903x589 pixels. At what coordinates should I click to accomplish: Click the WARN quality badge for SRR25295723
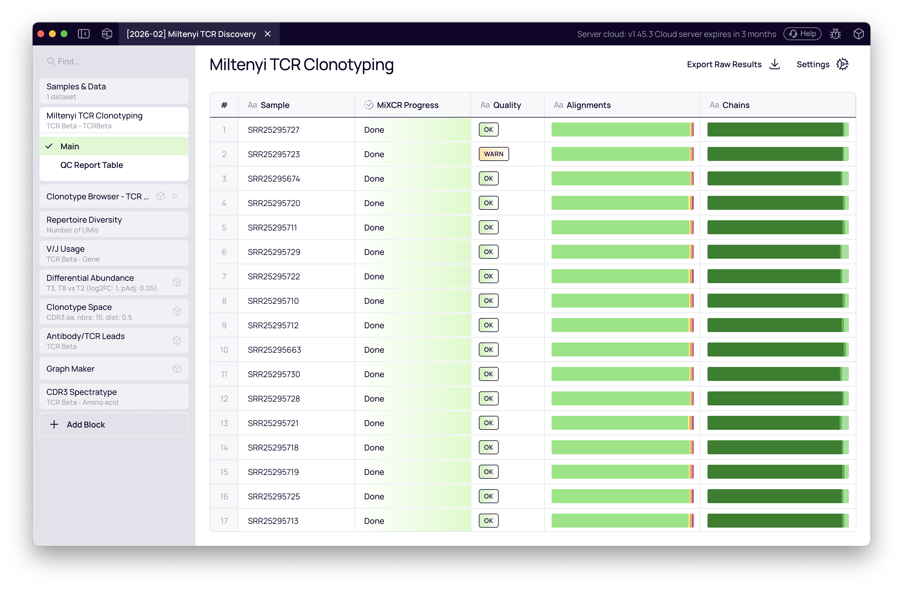point(493,154)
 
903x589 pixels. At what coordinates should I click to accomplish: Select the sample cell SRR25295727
point(273,130)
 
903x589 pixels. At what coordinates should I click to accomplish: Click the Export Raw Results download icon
point(774,64)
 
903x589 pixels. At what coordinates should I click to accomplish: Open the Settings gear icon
point(842,64)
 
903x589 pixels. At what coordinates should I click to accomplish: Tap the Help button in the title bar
point(802,34)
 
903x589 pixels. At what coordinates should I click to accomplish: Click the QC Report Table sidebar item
point(91,165)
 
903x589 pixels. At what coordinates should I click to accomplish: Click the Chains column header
point(735,105)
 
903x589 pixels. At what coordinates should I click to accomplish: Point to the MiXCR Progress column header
point(407,105)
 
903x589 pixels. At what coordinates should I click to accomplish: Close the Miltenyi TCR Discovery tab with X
point(267,34)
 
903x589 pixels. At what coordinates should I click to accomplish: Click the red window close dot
point(41,34)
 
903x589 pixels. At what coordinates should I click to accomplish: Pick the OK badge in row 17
point(488,521)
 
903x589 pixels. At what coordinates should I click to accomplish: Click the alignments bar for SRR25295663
point(622,350)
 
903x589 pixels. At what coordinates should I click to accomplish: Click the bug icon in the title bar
point(835,34)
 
